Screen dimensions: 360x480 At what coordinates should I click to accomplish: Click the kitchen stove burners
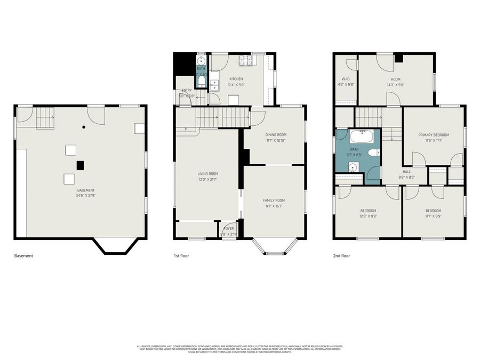pyautogui.click(x=246, y=60)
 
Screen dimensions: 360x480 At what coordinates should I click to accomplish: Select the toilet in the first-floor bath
pyautogui.click(x=202, y=82)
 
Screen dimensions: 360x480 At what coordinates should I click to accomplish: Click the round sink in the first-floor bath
pyautogui.click(x=202, y=60)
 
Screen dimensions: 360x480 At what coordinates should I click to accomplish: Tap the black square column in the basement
pyautogui.click(x=80, y=165)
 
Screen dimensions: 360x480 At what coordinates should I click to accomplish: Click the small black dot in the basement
pyautogui.click(x=84, y=127)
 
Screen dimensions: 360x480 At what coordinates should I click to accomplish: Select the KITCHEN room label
pyautogui.click(x=236, y=79)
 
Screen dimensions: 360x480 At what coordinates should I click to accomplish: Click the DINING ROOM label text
pyautogui.click(x=276, y=135)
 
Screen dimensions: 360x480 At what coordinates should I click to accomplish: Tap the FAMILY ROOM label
pyautogui.click(x=274, y=201)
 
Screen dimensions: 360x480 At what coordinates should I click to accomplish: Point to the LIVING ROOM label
pyautogui.click(x=207, y=173)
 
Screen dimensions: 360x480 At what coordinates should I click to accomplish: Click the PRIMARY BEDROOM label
pyautogui.click(x=434, y=135)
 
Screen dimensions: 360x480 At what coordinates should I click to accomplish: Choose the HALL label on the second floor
pyautogui.click(x=406, y=172)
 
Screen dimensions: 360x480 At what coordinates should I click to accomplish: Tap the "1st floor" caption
pyautogui.click(x=181, y=256)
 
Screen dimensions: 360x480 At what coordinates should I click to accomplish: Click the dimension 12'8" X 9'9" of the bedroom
pyautogui.click(x=367, y=216)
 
